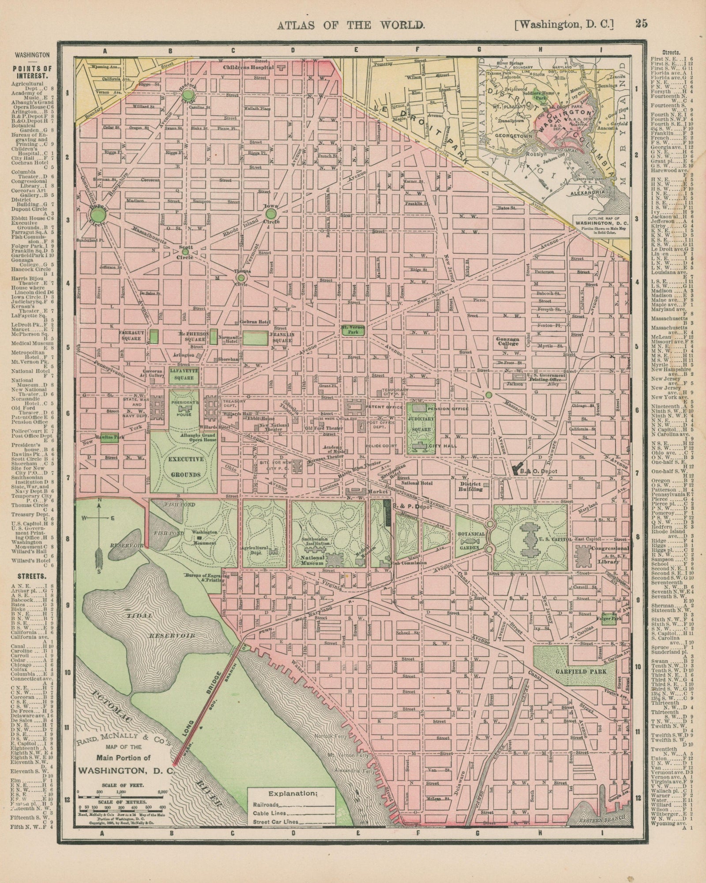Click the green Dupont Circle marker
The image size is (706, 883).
(98, 215)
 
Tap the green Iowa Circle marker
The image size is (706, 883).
(270, 214)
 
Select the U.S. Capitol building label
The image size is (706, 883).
(554, 540)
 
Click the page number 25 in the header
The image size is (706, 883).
(641, 24)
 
